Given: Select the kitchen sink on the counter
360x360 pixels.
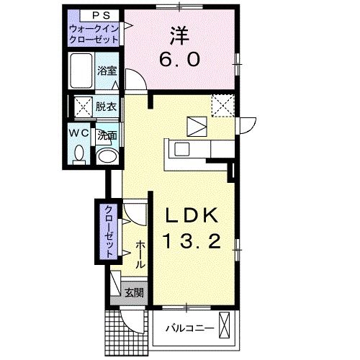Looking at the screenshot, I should (181, 150).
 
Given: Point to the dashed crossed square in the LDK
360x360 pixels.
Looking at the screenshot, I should (222, 106).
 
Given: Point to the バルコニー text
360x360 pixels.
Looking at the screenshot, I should (189, 329).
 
